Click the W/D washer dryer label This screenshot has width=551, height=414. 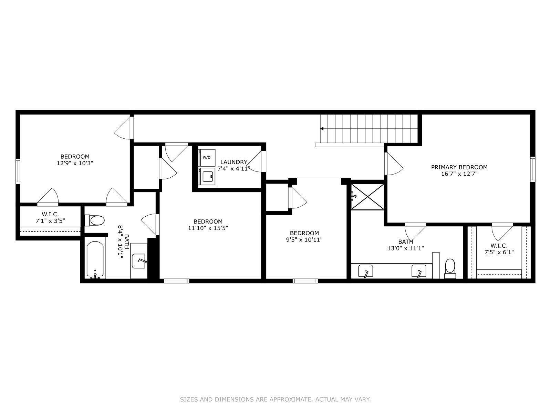[x=206, y=158]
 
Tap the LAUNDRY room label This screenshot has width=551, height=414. [x=234, y=162]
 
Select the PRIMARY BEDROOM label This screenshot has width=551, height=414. [x=459, y=167]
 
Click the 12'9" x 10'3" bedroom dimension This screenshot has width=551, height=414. [x=75, y=163]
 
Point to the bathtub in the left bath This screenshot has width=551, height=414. [x=95, y=260]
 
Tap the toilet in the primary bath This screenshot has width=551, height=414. [x=450, y=268]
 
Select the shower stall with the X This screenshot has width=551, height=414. [x=367, y=197]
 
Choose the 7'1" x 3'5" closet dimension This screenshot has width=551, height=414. [x=50, y=221]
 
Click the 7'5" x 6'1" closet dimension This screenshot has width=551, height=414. [x=499, y=252]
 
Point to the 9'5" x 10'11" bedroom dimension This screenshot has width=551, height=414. [x=304, y=239]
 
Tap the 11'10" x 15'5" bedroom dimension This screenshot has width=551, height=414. [x=208, y=228]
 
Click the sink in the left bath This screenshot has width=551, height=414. [x=139, y=261]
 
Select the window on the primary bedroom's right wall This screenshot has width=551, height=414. [x=533, y=169]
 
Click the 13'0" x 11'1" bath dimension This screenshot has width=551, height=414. [x=406, y=248]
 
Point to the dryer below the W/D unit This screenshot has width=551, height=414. [x=207, y=176]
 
